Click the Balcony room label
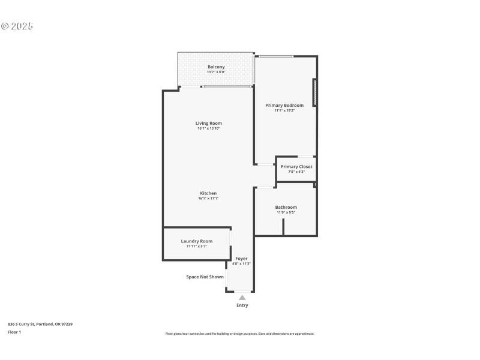pos(216,67)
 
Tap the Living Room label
pos(208,123)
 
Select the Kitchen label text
pos(208,193)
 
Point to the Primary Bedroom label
pos(284,105)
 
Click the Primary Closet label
pos(296,166)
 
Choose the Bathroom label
pos(286,207)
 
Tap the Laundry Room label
pos(197,241)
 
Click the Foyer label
pos(241,259)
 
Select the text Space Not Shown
pos(205,277)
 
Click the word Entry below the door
pos(242,305)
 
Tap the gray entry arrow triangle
pos(242,297)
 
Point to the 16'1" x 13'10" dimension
pos(208,128)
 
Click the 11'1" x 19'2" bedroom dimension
pos(284,110)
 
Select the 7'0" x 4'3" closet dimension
pos(296,172)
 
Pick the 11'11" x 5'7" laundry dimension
pos(197,246)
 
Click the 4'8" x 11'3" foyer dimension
pos(241,263)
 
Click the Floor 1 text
pos(14,332)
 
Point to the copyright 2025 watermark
pos(17,26)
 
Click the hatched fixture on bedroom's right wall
pos(314,93)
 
